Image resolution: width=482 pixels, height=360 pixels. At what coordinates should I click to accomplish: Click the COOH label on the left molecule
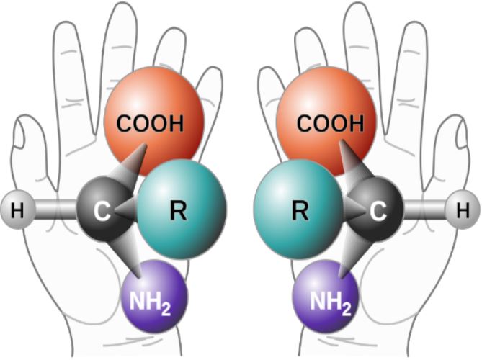point(150,124)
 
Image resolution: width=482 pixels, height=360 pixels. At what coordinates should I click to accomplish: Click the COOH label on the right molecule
point(330,124)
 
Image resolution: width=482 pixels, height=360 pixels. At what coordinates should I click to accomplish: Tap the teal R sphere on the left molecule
point(182,210)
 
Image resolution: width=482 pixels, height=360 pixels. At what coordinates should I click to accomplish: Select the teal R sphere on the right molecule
point(299,210)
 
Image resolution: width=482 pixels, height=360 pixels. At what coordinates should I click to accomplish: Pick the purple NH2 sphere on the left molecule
point(154,297)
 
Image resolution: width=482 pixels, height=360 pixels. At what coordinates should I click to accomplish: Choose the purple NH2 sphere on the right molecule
point(326,297)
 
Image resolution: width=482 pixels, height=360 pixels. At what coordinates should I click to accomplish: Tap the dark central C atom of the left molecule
point(104,210)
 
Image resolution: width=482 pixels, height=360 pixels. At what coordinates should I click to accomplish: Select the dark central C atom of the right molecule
point(376,210)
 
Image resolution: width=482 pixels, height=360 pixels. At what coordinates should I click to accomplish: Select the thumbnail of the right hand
point(462,135)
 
